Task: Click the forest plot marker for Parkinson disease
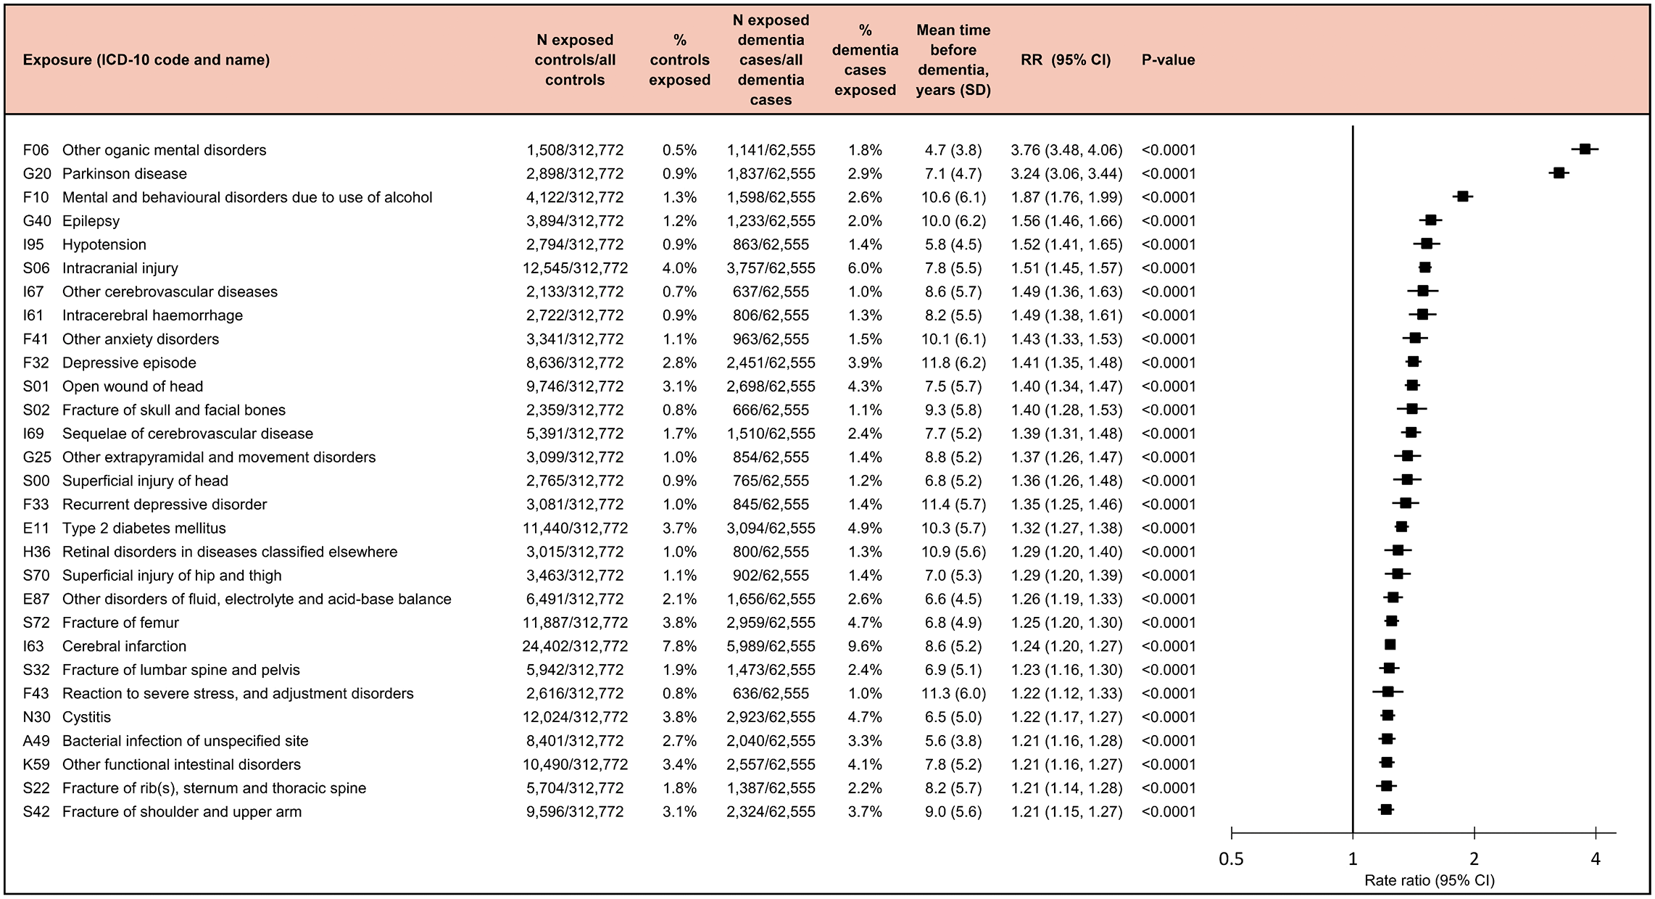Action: click(1559, 173)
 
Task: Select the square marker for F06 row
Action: click(1585, 149)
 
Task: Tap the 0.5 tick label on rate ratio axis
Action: click(1231, 860)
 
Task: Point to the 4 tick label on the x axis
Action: click(1596, 860)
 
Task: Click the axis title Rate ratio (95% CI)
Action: click(1430, 881)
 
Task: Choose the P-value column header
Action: click(1168, 60)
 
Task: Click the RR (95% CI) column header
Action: click(1066, 60)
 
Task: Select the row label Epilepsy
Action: click(91, 221)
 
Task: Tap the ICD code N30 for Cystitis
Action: click(36, 717)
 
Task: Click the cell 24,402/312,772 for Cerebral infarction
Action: click(575, 646)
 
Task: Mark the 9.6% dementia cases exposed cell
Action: click(865, 646)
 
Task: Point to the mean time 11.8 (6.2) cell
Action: click(953, 362)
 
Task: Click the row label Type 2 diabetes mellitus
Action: click(144, 529)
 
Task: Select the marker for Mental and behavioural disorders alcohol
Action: click(1463, 196)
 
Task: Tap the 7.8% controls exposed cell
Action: click(679, 646)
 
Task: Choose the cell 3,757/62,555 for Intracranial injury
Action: click(771, 268)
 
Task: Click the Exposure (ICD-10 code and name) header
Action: click(146, 60)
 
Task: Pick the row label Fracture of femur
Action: click(120, 623)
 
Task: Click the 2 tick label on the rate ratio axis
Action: click(1474, 860)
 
